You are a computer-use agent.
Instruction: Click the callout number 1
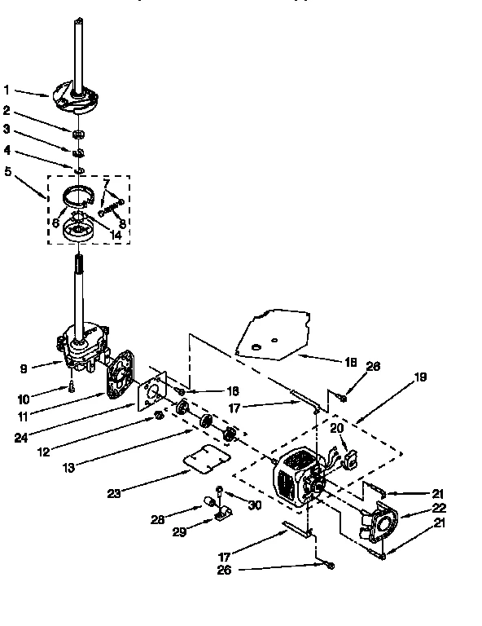pyautogui.click(x=7, y=90)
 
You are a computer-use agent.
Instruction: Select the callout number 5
pyautogui.click(x=7, y=171)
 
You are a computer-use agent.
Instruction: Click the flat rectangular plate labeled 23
pyautogui.click(x=204, y=460)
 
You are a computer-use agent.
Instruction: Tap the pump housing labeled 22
pyautogui.click(x=379, y=522)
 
